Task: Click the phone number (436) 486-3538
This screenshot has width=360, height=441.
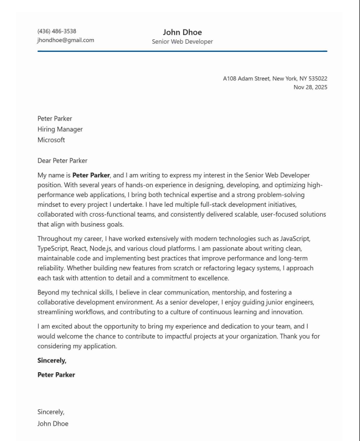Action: click(57, 31)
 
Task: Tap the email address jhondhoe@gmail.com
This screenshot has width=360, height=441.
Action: click(65, 40)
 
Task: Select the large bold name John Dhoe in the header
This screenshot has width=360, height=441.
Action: click(182, 32)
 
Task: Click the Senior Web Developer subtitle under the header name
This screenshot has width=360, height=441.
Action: click(182, 41)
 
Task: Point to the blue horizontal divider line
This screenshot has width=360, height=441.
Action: click(182, 51)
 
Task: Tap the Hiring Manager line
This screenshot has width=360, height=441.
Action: click(60, 129)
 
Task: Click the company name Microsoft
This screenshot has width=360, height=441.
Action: click(51, 140)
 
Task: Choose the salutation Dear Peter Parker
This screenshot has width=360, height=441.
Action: click(62, 160)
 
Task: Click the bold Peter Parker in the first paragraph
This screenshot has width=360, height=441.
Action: click(91, 175)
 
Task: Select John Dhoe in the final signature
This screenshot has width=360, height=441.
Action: click(53, 423)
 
